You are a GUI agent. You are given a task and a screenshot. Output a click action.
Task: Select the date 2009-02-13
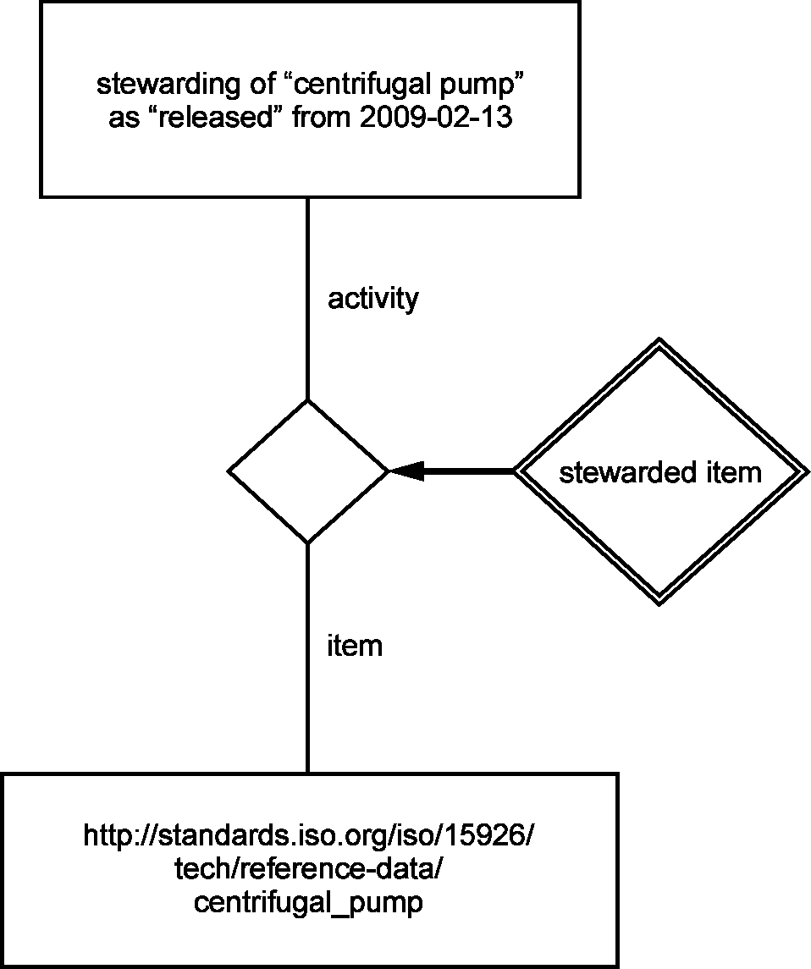436,117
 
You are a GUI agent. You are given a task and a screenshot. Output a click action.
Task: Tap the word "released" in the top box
217,117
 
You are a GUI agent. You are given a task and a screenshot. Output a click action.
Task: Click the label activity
372,299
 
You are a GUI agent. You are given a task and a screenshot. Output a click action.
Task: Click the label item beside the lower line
355,646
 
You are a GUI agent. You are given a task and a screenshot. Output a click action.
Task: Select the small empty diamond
308,471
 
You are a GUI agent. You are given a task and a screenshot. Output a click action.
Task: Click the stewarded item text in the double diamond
660,472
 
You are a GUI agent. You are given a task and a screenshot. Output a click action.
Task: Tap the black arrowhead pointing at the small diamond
406,471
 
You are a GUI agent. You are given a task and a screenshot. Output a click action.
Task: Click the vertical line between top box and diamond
308,299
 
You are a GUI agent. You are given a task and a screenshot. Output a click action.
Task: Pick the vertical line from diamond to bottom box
308,658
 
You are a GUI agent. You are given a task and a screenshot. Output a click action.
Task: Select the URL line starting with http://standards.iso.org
308,836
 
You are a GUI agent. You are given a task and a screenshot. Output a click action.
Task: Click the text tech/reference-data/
308,869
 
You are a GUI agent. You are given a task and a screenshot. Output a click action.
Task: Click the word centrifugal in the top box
361,85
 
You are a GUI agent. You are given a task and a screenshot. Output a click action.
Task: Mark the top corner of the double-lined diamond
660,339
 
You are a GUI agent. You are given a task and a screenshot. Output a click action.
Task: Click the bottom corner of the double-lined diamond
659,604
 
